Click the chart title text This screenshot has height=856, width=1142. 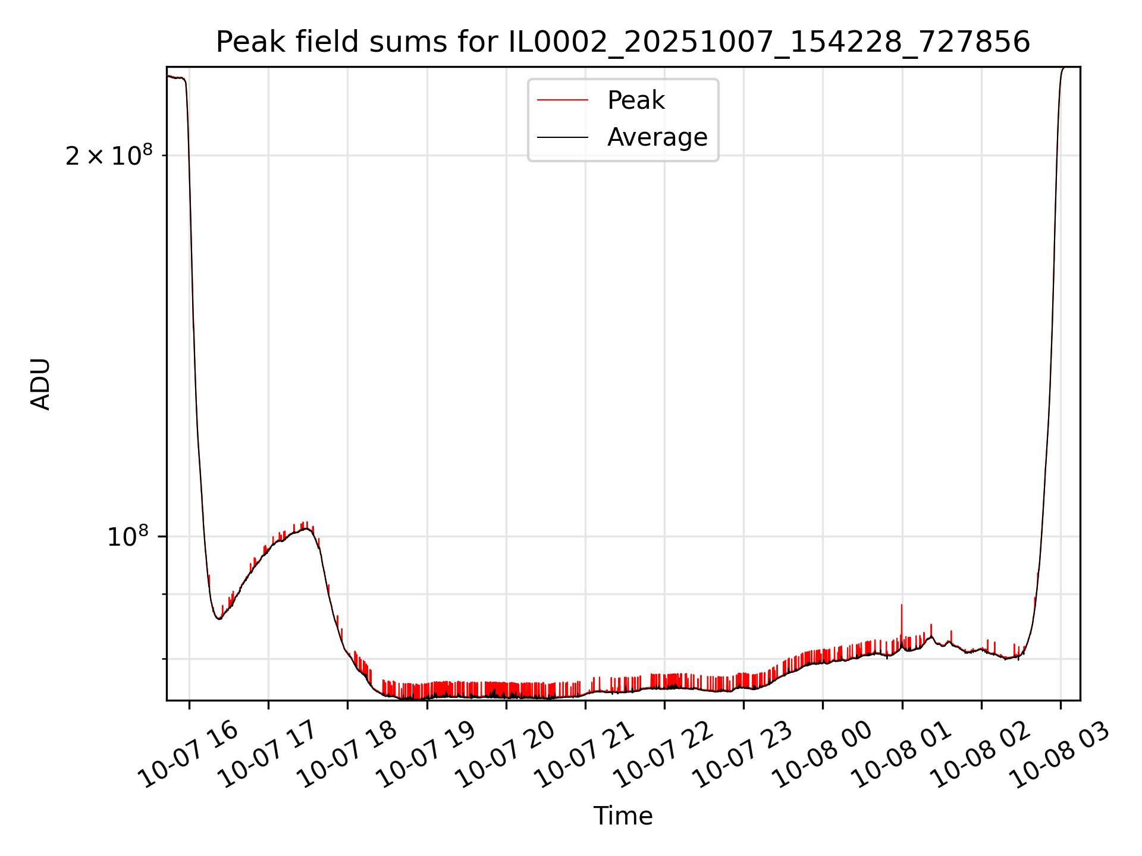coord(623,42)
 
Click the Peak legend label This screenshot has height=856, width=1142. coord(635,100)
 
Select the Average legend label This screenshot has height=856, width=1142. coord(657,137)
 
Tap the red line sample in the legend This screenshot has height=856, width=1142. coord(562,100)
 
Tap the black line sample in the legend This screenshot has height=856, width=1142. coord(562,137)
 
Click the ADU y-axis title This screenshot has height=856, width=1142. coord(40,384)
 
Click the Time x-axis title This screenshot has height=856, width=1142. coord(623,816)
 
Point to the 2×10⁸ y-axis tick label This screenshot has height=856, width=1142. coord(109,156)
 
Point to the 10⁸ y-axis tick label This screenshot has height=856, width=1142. coord(127,537)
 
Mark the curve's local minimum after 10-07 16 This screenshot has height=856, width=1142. coord(219,619)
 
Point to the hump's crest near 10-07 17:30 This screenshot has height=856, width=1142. coord(305,528)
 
